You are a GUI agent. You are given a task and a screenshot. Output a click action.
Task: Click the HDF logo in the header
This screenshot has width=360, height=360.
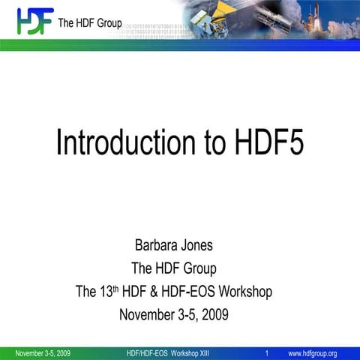click(x=34, y=21)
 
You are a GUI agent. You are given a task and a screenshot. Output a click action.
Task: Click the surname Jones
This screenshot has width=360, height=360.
click(x=202, y=245)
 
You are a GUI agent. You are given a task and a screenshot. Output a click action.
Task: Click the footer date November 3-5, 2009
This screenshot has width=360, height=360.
click(x=43, y=353)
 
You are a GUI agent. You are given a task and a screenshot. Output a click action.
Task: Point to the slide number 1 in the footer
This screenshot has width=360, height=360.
click(x=267, y=353)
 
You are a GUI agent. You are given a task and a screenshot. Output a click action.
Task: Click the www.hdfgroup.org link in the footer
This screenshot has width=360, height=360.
click(x=313, y=353)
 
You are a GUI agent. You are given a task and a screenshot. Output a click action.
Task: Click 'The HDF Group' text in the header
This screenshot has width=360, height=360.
click(x=90, y=22)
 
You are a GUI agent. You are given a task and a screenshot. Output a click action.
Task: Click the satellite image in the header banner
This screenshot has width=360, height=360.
click(x=187, y=20)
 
